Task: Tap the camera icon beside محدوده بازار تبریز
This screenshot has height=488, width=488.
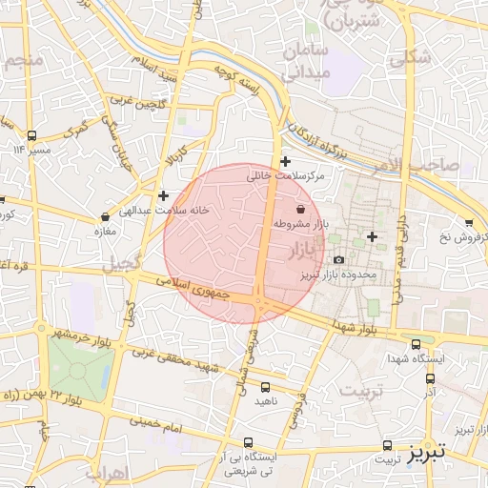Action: pyautogui.click(x=338, y=260)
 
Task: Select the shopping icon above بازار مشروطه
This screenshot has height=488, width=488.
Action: pyautogui.click(x=301, y=208)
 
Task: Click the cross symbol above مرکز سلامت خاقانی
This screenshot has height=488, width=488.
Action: pyautogui.click(x=284, y=161)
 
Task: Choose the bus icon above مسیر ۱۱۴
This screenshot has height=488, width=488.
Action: pyautogui.click(x=32, y=135)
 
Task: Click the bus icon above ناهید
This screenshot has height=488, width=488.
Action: pyautogui.click(x=265, y=387)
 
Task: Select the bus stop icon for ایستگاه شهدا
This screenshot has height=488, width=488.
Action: pyautogui.click(x=415, y=344)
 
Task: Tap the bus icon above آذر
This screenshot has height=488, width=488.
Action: pyautogui.click(x=429, y=378)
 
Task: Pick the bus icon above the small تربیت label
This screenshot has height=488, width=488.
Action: pyautogui.click(x=387, y=445)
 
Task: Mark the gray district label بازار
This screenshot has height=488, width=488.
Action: pyautogui.click(x=306, y=251)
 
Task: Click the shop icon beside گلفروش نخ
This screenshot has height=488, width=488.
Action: pyautogui.click(x=468, y=222)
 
